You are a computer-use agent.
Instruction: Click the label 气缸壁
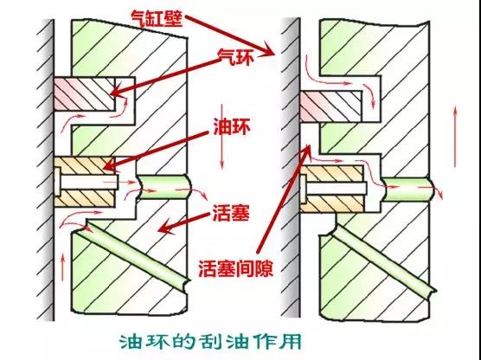point(157,18)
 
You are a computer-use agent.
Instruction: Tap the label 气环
point(236,58)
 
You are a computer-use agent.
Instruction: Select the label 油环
point(232,129)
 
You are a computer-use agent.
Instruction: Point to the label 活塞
point(230,212)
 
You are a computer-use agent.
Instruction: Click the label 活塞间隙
point(235,268)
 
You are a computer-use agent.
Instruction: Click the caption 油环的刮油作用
point(210,341)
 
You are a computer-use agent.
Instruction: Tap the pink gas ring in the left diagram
point(85,94)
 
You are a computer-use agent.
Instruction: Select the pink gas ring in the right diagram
point(330,106)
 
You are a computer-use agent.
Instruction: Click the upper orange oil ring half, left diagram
point(85,166)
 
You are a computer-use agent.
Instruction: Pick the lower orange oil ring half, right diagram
point(332,203)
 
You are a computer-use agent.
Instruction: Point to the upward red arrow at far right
point(455,136)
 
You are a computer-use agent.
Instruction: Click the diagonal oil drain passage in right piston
point(383,260)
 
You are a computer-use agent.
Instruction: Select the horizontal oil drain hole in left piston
point(164,187)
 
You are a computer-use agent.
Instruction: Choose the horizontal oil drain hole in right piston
point(407,189)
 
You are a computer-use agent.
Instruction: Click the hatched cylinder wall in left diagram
point(45,170)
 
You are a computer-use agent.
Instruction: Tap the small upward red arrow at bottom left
point(63,267)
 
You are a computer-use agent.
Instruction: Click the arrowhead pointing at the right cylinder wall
point(268,51)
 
